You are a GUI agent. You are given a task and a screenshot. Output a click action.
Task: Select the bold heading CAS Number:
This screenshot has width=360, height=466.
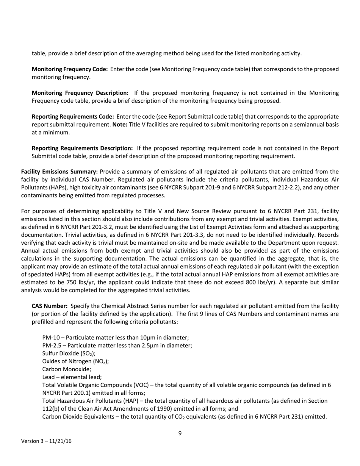[x=50, y=306]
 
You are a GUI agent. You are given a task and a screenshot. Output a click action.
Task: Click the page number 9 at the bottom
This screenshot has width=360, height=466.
[x=180, y=433]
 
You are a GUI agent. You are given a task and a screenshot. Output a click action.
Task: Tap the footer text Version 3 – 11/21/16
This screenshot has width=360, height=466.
[x=46, y=441]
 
